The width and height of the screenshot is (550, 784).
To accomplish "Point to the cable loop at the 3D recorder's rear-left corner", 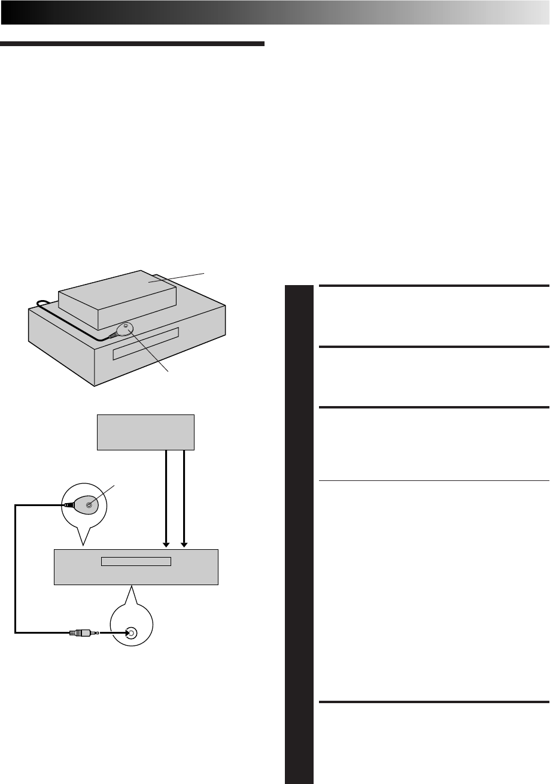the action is [41, 304].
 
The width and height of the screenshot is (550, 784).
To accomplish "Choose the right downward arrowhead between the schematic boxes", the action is [184, 544].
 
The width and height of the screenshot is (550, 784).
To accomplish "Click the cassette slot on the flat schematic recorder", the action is [136, 562].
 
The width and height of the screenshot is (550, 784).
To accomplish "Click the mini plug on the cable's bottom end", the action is [81, 632].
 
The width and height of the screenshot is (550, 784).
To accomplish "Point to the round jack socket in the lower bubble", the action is [132, 632].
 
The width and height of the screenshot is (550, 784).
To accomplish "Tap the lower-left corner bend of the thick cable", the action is [16, 631].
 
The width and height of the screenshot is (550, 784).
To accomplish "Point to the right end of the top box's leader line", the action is [205, 273].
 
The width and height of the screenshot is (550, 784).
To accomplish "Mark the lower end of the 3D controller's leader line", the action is [169, 372].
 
